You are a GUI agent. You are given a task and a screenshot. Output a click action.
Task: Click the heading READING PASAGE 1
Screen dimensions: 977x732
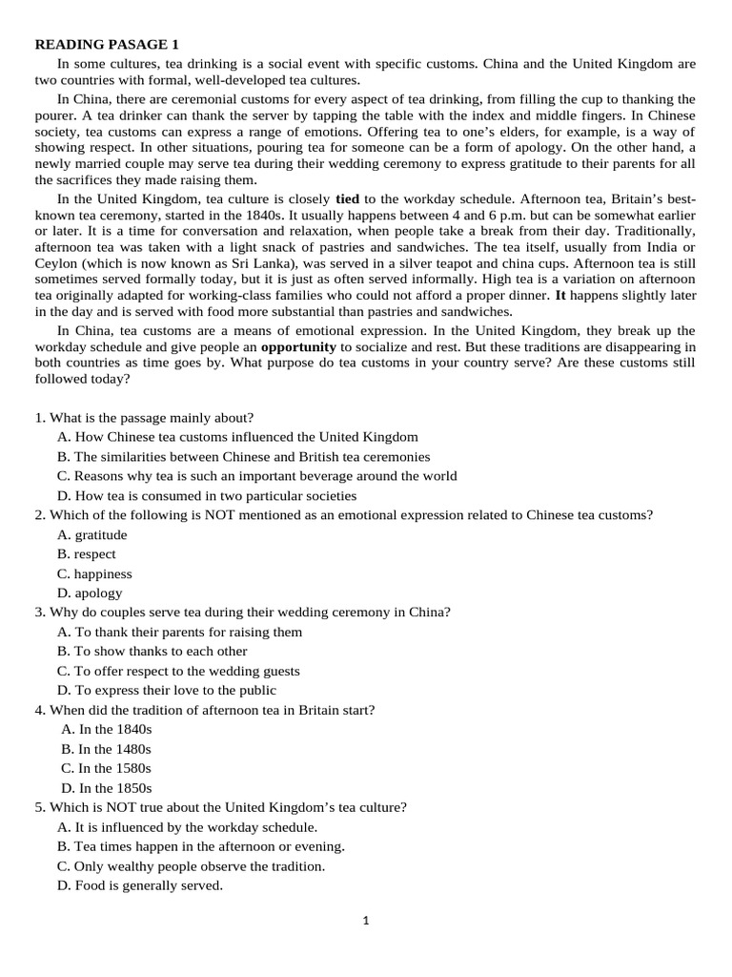tap(107, 45)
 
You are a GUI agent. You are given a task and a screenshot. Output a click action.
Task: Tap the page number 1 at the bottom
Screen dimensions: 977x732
tap(366, 921)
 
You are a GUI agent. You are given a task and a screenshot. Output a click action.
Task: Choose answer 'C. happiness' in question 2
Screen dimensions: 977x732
tap(94, 573)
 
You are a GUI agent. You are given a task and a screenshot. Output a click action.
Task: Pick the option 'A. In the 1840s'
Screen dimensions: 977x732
tap(106, 729)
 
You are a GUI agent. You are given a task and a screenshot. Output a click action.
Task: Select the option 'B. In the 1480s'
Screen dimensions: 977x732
tap(106, 749)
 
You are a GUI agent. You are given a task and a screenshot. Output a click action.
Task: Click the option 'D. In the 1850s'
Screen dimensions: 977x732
tap(106, 788)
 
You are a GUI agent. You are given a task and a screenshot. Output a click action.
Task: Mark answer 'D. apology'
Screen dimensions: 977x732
tap(90, 592)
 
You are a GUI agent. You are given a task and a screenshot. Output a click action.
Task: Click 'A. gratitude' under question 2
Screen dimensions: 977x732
tap(91, 534)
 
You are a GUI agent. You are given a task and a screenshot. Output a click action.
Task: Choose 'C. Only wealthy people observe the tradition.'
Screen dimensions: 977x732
tap(191, 866)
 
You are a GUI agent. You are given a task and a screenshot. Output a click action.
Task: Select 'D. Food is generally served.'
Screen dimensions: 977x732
tap(139, 885)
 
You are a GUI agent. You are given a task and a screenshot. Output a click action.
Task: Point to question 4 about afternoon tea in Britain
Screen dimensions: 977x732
tap(205, 710)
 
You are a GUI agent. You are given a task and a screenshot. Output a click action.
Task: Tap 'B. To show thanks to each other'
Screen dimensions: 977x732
tap(152, 651)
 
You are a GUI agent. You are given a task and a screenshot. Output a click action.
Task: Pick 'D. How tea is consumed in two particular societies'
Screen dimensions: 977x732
tap(207, 495)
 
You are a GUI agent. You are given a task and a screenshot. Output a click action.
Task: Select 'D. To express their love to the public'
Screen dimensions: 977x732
tap(167, 690)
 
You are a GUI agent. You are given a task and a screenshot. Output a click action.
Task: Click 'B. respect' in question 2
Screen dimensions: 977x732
tap(86, 553)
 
